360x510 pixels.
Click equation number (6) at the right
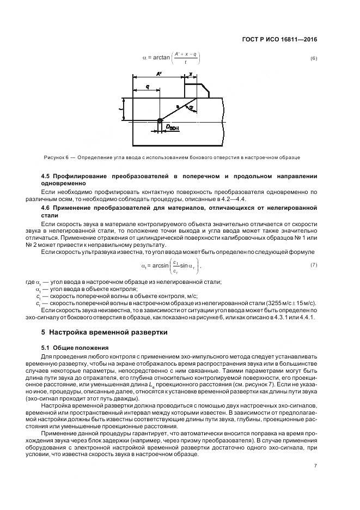tap(313, 58)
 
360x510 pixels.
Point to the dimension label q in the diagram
tap(148, 87)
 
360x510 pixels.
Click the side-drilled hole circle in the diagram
tap(159, 121)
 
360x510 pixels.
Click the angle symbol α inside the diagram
tap(191, 108)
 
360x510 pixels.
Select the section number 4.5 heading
tap(47, 177)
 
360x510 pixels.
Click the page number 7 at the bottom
tap(315, 466)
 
